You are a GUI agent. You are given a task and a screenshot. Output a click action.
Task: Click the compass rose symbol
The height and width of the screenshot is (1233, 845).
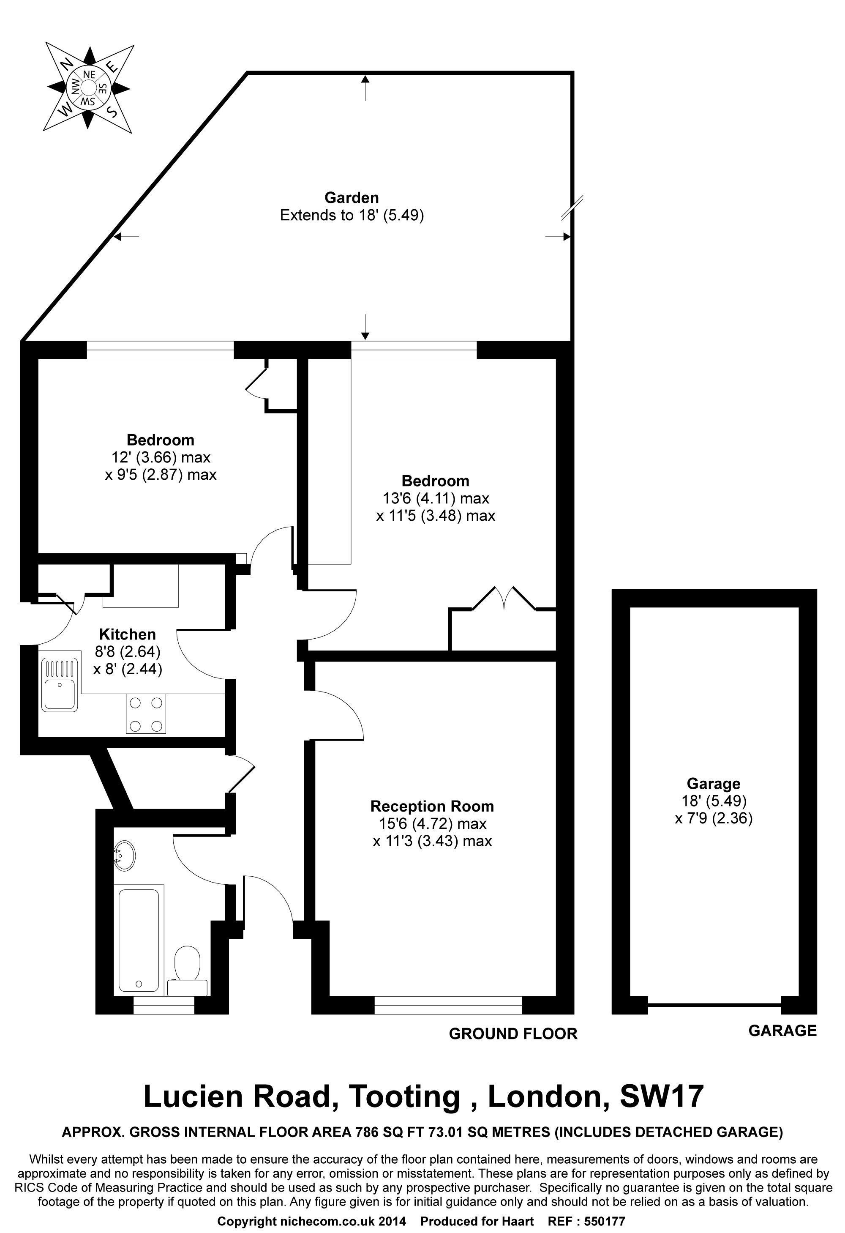(x=88, y=87)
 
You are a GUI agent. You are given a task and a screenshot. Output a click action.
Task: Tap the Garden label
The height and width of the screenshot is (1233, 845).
(x=352, y=198)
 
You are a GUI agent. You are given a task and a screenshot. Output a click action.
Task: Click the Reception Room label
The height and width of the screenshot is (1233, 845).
(x=432, y=807)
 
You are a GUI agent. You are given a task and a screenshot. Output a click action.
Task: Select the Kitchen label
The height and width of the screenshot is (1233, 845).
(x=127, y=634)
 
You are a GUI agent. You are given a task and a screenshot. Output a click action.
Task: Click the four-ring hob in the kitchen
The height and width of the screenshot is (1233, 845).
(x=146, y=714)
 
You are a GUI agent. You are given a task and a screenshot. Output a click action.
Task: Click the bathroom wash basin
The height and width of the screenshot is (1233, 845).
(x=124, y=855)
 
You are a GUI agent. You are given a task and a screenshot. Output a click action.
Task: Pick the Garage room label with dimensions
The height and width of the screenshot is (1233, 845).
(x=714, y=801)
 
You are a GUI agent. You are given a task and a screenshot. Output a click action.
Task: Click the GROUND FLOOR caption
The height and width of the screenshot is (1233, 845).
(x=513, y=1033)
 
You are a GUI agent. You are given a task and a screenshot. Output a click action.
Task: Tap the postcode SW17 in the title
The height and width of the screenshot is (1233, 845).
(x=662, y=1096)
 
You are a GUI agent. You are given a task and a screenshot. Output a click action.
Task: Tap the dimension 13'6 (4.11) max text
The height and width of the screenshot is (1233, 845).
(x=436, y=498)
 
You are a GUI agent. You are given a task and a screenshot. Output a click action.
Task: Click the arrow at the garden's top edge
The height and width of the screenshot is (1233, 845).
(x=365, y=87)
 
